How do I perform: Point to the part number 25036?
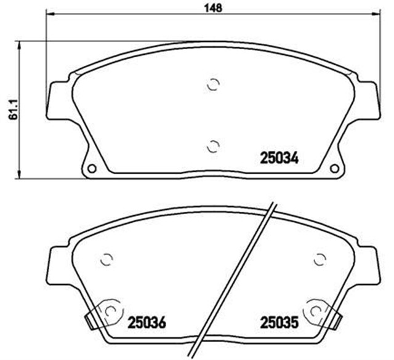click(x=147, y=322)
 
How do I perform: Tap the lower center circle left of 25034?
click(x=212, y=146)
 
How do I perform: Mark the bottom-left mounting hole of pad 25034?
click(x=92, y=169)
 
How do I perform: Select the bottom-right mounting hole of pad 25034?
click(x=334, y=169)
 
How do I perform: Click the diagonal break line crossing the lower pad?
click(x=238, y=280)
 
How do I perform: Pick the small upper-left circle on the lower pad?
click(x=106, y=259)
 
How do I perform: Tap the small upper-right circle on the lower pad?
click(x=320, y=259)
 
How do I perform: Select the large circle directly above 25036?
click(x=111, y=311)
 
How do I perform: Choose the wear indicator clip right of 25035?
click(x=337, y=319)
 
